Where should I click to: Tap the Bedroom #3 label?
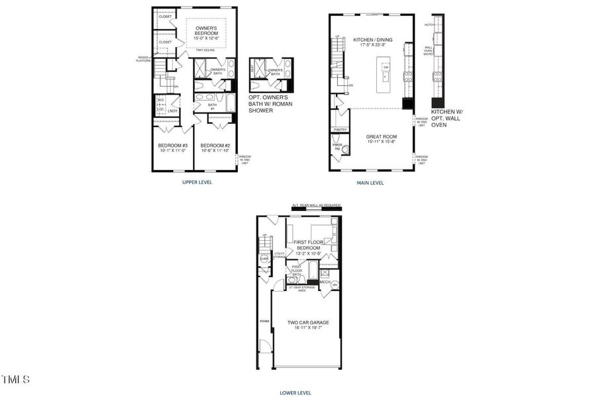pyautogui.click(x=173, y=146)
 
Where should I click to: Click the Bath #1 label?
pyautogui.click(x=212, y=107)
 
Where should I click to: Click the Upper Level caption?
pyautogui.click(x=197, y=181)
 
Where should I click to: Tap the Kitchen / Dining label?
pyautogui.click(x=372, y=40)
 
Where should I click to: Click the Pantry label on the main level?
pyautogui.click(x=340, y=130)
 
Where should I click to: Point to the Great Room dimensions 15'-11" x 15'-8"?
pyautogui.click(x=381, y=142)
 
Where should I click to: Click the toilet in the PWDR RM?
pyautogui.click(x=344, y=150)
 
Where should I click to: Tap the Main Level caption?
pyautogui.click(x=370, y=183)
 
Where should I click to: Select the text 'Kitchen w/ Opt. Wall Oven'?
pyautogui.click(x=447, y=118)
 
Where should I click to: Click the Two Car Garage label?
pyautogui.click(x=307, y=322)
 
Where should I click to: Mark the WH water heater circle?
pyautogui.click(x=335, y=285)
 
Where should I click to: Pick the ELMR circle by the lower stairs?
pyautogui.click(x=264, y=259)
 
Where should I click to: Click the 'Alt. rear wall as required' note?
pyautogui.click(x=316, y=206)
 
